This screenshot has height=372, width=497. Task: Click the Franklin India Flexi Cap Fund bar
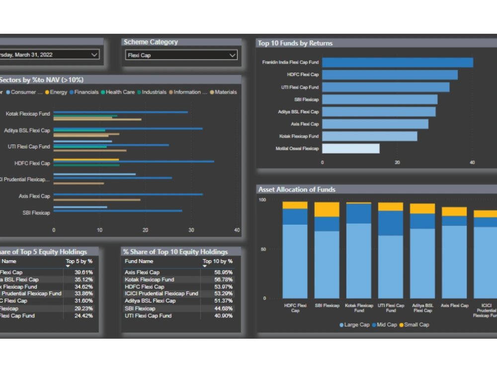[x=397, y=62]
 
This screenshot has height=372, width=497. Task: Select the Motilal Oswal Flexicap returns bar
[x=350, y=148]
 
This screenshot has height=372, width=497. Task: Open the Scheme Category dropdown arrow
[x=232, y=55]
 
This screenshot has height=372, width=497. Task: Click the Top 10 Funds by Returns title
[x=295, y=43]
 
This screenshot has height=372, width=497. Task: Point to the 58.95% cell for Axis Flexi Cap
[x=223, y=272]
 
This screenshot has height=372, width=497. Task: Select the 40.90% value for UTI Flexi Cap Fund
[x=223, y=315]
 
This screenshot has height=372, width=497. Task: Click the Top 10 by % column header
[x=217, y=261]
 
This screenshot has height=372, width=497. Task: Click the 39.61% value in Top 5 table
[x=83, y=272]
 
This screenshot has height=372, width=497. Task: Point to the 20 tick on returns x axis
[x=397, y=162]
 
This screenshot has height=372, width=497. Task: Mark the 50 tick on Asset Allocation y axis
[x=263, y=249]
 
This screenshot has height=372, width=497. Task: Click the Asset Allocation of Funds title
[x=297, y=189]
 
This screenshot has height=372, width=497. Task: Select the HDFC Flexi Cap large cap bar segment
[x=295, y=261]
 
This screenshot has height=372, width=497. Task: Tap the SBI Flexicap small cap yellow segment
[x=327, y=209]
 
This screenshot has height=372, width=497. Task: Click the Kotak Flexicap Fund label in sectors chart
[x=28, y=114]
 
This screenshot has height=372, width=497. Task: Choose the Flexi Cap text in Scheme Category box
[x=139, y=56]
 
